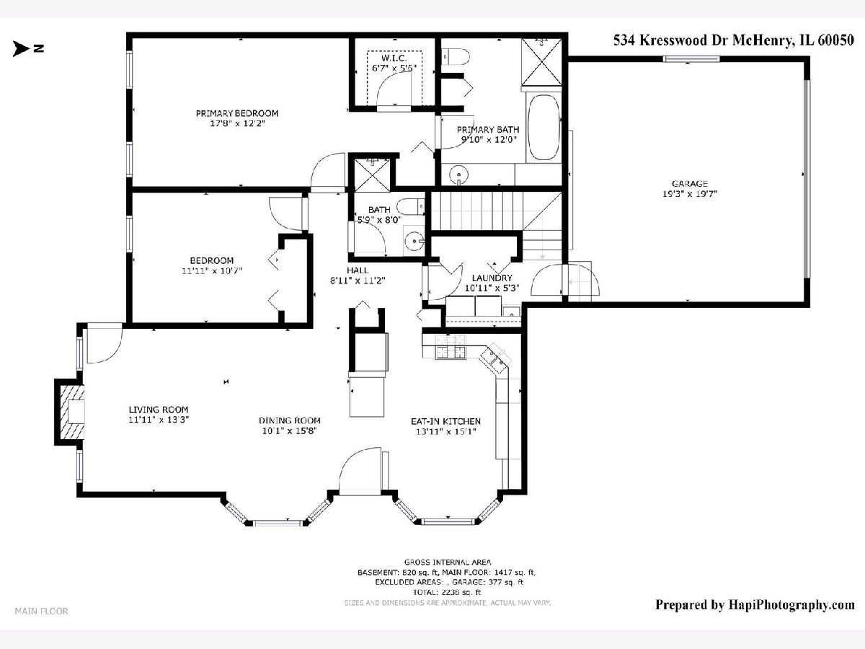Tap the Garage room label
coord(690,183)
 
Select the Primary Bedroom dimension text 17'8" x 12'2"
coord(237,123)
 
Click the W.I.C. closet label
coord(394,58)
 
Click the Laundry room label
coord(492,278)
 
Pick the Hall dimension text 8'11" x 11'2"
coord(358,281)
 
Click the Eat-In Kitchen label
coord(445,421)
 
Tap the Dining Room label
coord(290,420)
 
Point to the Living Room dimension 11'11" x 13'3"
coord(159,420)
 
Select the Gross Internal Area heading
coord(448,562)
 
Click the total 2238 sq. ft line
coord(447,592)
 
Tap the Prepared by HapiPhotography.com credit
coord(755,604)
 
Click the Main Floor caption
coord(41,611)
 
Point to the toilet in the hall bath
coord(410,206)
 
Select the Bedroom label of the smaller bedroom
coord(212,260)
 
